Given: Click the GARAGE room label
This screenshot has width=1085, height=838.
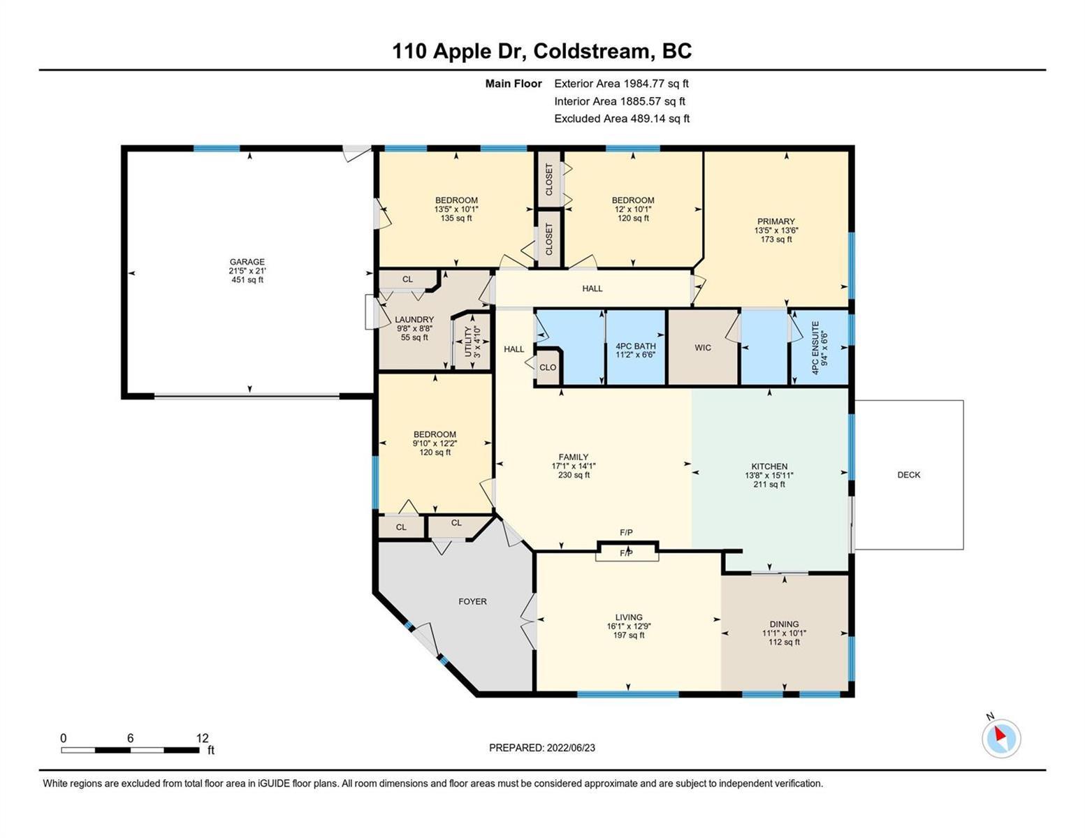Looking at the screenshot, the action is [247, 262].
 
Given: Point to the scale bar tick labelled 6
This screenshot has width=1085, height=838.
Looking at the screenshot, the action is [130, 737].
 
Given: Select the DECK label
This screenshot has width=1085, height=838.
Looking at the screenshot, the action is [908, 475].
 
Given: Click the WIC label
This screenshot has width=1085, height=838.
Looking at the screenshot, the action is [703, 347].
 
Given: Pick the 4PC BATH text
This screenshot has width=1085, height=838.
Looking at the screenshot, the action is [635, 346].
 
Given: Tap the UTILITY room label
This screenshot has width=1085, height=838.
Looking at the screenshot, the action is [468, 341].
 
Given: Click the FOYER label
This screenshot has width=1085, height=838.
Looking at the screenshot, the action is [472, 601].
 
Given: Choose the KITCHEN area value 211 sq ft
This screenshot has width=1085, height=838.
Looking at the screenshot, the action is [769, 484].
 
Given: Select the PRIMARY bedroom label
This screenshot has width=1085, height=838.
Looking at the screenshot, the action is [775, 221].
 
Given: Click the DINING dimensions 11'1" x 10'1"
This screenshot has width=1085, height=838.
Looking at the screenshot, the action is [784, 633].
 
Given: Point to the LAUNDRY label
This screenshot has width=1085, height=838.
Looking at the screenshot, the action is [414, 319].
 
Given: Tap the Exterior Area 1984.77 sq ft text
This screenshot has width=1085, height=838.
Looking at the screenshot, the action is [621, 83].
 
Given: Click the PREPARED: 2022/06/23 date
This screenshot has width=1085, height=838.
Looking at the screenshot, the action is [541, 748].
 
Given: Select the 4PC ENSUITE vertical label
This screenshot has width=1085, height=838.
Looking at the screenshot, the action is [815, 347].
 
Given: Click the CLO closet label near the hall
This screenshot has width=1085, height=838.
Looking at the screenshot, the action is [548, 367].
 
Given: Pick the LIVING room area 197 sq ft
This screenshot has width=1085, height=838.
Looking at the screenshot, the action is [629, 635].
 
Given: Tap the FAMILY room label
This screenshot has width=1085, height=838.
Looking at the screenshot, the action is [573, 457].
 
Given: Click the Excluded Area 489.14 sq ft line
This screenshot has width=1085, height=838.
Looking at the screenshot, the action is [622, 118].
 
